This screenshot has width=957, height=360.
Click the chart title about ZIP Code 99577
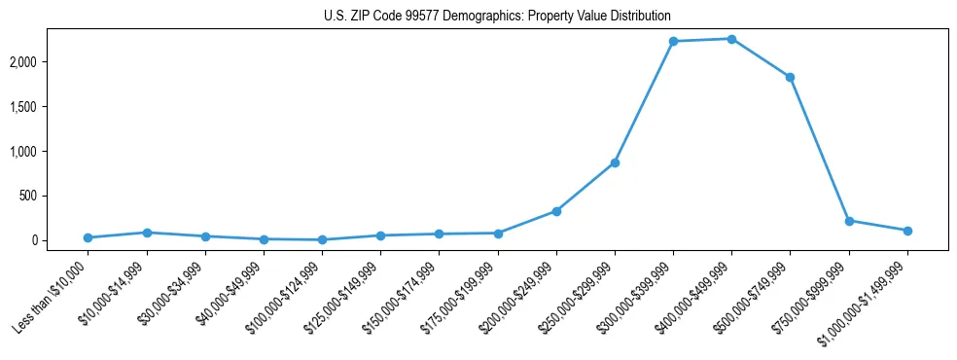(x=497, y=17)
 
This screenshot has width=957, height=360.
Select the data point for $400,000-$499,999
(x=731, y=39)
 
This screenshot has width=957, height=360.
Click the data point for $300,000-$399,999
(x=673, y=41)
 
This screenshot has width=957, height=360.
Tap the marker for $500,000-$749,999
(x=791, y=77)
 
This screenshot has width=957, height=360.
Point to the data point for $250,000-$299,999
(x=615, y=162)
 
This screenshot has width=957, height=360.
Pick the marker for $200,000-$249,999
(x=556, y=211)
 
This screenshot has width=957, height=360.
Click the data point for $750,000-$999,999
(x=849, y=221)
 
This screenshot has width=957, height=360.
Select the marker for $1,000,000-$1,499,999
(x=907, y=231)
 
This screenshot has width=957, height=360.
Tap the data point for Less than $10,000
(x=88, y=237)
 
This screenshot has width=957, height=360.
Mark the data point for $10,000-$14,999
(x=146, y=233)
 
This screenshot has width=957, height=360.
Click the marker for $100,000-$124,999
(x=322, y=239)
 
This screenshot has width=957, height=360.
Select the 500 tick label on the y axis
(x=54, y=196)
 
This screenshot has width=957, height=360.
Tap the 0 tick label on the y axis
(x=60, y=240)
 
